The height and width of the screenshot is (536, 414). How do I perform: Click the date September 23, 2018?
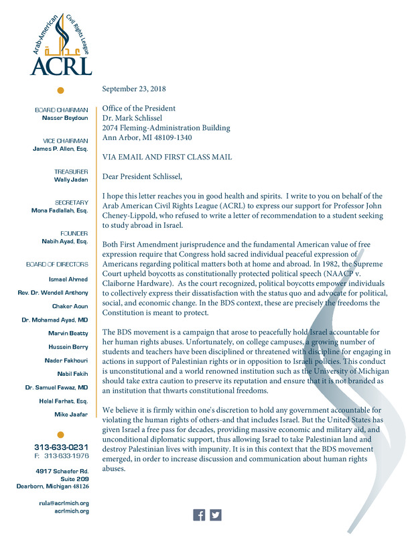pyautogui.click(x=134, y=88)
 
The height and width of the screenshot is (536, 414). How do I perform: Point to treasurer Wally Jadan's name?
pyautogui.click(x=71, y=180)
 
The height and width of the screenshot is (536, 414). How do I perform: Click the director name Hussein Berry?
pyautogui.click(x=70, y=347)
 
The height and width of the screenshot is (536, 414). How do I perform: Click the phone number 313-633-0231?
pyautogui.click(x=62, y=447)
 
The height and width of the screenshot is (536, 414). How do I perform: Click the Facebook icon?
pyautogui.click(x=199, y=515)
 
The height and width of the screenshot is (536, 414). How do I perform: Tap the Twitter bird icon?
pyautogui.click(x=215, y=515)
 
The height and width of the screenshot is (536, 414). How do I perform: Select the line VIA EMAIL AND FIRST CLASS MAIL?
pyautogui.click(x=167, y=157)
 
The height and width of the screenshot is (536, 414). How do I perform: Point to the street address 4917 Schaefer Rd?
pyautogui.click(x=62, y=470)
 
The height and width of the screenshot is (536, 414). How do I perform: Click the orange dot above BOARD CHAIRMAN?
pyautogui.click(x=60, y=90)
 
